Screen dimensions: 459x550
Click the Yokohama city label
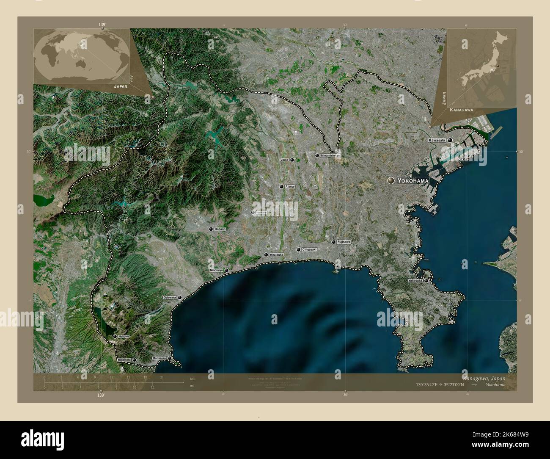coord(414,180)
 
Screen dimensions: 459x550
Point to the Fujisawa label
coord(344,242)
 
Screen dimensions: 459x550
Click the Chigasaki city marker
coord(298,250)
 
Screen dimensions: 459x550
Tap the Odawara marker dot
coord(181,298)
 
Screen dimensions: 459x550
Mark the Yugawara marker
coord(135,359)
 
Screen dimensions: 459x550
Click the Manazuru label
coord(159,358)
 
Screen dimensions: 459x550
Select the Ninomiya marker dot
coord(226,270)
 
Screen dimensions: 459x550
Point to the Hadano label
coord(220,229)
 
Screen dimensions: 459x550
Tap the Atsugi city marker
coord(281,186)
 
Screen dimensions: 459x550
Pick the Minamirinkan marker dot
coord(317,155)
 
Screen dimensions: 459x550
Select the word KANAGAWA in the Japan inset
coord(461,110)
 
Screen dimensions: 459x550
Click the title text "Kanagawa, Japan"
coord(483,378)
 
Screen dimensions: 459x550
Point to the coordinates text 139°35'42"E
coord(429,385)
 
